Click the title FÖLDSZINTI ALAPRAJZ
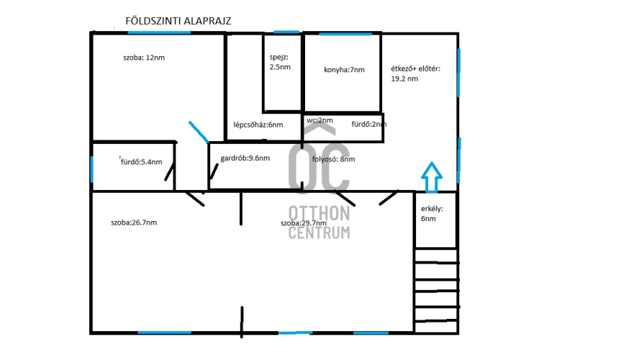point(178,21)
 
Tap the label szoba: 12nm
point(144,58)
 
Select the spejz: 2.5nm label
point(280,62)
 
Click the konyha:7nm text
point(345,70)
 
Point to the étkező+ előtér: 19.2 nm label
point(416,73)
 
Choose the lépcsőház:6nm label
point(258,125)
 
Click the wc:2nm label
point(320,120)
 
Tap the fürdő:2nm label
point(369,125)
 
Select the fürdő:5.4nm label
point(142,162)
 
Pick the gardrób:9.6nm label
point(245,158)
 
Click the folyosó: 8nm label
point(333,159)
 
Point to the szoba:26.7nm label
point(134,222)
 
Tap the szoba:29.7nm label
point(304,223)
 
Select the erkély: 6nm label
point(432,214)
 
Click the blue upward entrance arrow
point(432,177)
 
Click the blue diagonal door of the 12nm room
point(199,132)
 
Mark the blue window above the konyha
point(345,34)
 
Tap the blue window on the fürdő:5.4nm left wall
point(91,169)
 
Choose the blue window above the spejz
point(286,32)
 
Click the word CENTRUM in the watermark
point(319,233)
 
